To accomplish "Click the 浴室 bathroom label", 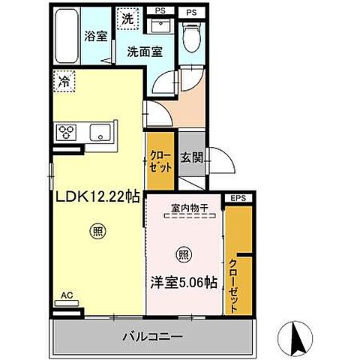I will click(x=94, y=35).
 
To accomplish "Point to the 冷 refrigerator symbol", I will click(x=64, y=81).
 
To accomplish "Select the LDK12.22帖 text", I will click(x=95, y=197).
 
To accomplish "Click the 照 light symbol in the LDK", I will click(x=97, y=231).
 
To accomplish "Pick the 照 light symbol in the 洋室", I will click(x=184, y=253).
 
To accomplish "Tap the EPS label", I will click(x=239, y=198).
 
